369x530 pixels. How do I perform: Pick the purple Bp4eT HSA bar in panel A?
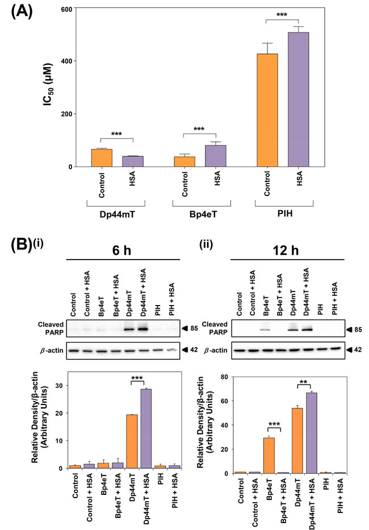216,156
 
